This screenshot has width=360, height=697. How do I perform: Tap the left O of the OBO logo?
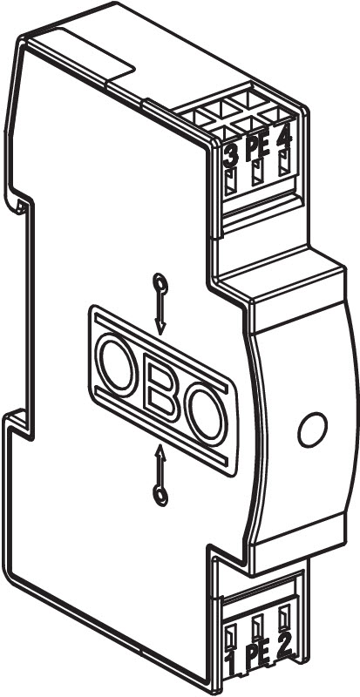point(118,364)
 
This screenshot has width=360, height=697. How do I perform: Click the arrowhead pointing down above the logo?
point(160,328)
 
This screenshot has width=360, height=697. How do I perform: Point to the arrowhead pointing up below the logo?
point(160,453)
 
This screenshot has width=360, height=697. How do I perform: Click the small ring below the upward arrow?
point(160,496)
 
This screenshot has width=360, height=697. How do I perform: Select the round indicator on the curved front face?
point(313,430)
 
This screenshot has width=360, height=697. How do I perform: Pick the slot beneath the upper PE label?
point(258,173)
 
